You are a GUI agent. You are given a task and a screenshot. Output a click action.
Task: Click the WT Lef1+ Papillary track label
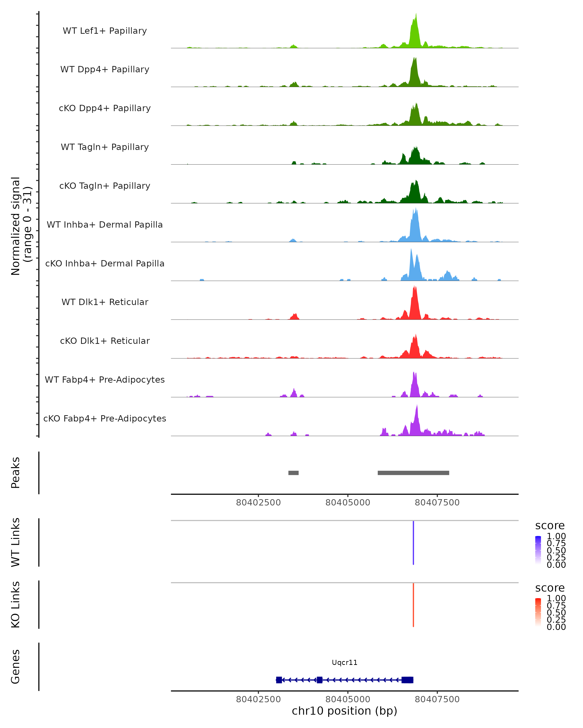tap(105, 31)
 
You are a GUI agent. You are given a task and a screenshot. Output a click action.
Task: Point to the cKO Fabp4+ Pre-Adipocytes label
tap(105, 418)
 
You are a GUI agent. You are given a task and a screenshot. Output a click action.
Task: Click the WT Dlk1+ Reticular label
tap(105, 302)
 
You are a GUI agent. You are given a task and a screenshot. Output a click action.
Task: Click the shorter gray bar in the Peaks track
tap(293, 473)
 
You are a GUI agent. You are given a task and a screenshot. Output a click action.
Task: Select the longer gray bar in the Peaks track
tap(413, 473)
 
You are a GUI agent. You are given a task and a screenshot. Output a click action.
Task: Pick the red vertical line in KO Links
tap(413, 605)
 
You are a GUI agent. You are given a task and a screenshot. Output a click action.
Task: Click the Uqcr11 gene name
tap(344, 662)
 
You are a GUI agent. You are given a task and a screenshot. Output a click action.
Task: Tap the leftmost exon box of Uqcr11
tap(279, 680)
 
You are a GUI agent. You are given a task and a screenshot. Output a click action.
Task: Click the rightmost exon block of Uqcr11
tap(408, 680)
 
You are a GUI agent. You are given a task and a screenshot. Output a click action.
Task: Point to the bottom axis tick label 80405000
tap(348, 699)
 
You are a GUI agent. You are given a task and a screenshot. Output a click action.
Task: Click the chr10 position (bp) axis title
tap(344, 711)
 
